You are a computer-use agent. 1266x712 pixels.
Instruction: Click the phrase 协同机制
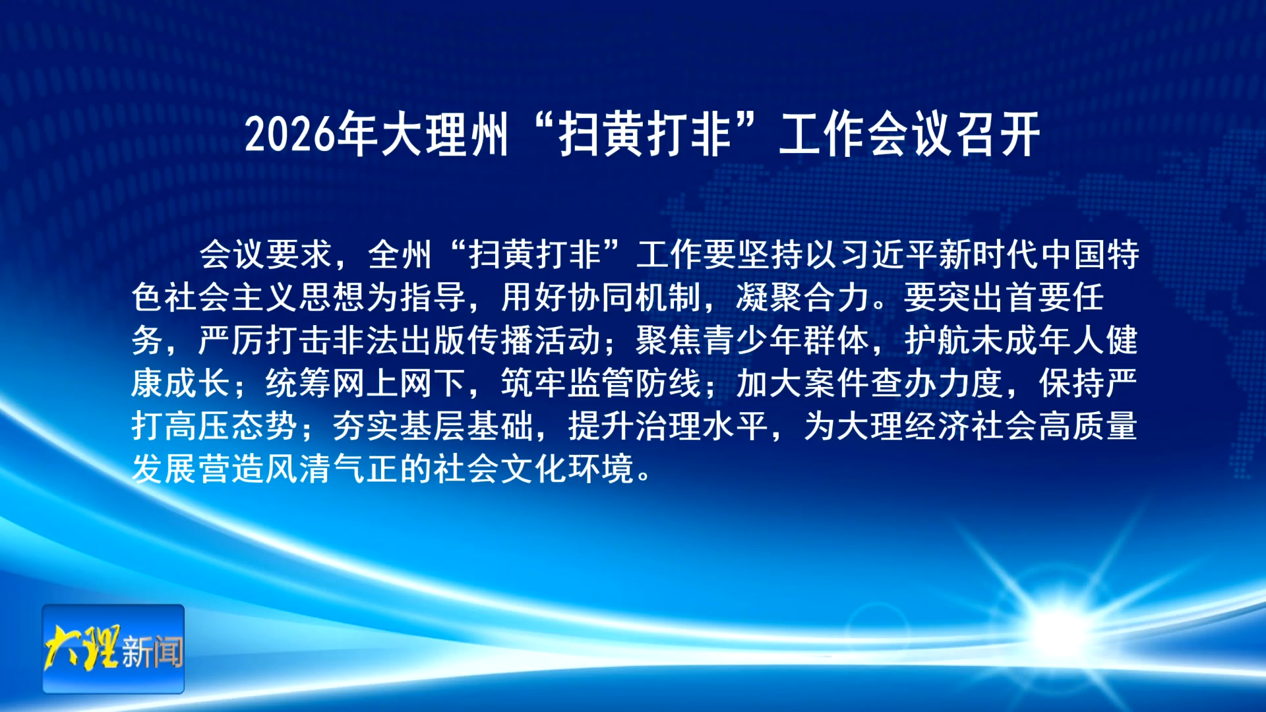(x=634, y=297)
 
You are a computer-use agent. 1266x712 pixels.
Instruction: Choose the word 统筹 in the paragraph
(x=298, y=383)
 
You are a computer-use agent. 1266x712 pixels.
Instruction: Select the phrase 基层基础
(x=466, y=426)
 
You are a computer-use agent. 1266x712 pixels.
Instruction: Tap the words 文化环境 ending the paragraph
(x=567, y=469)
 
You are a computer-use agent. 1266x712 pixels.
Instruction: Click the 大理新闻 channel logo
(x=113, y=649)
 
